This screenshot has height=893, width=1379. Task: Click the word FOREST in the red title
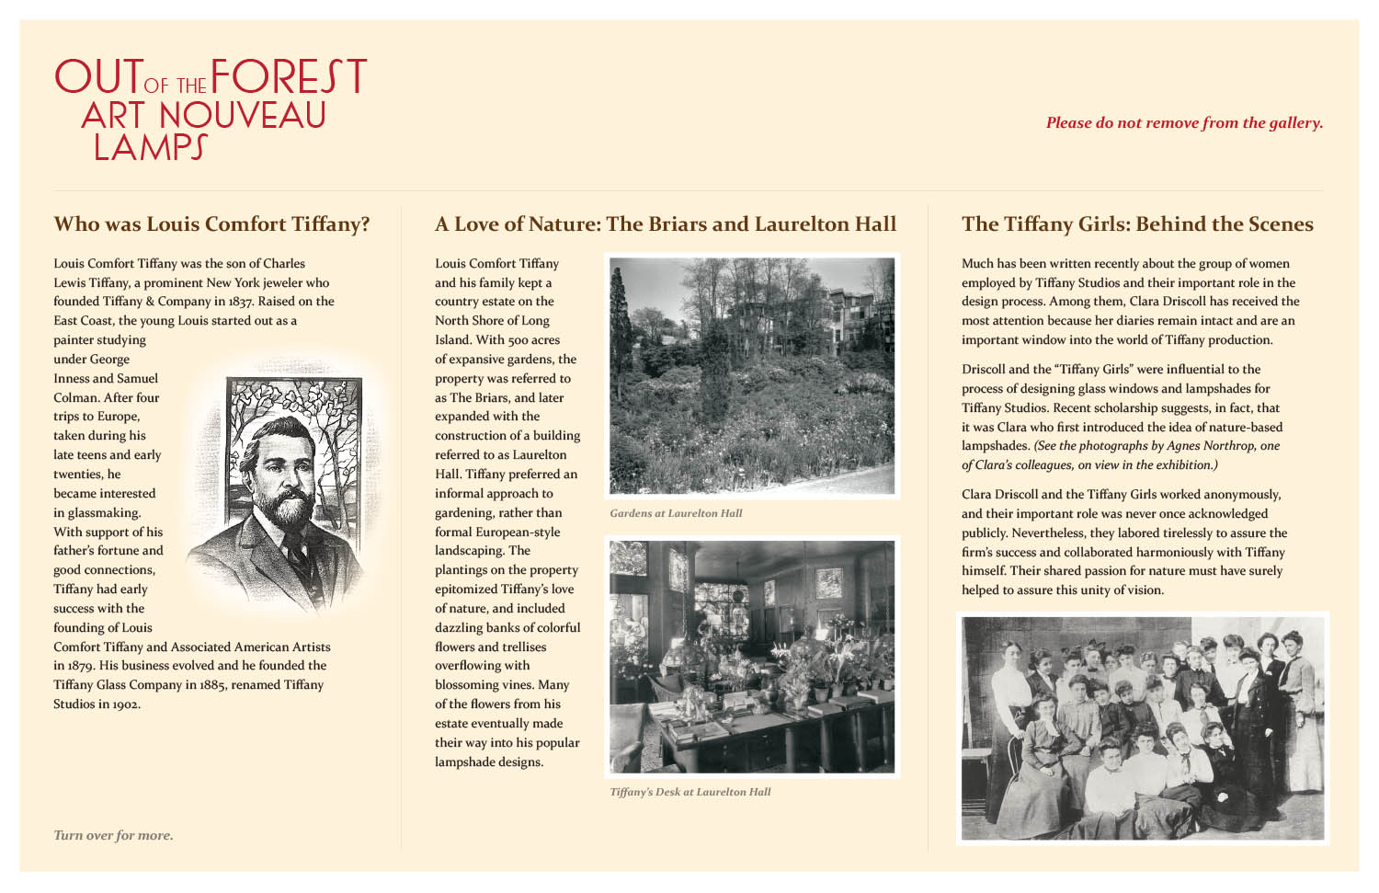point(289,77)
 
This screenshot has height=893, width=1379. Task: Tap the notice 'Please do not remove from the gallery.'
point(1184,123)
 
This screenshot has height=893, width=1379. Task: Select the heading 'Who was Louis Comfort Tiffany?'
point(211,224)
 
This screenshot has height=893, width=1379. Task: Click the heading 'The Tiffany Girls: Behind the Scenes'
point(1137,224)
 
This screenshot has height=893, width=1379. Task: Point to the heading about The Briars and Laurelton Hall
point(666,224)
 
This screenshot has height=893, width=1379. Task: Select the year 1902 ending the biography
point(126,704)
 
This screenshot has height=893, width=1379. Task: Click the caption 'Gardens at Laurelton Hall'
point(676,513)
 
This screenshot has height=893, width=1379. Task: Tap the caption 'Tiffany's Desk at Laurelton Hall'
point(689,792)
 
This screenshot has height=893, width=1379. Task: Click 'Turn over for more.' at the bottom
point(113,836)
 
